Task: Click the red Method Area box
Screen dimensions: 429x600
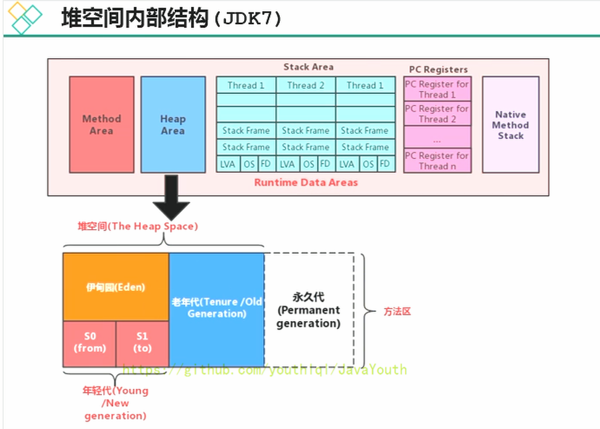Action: pos(101,124)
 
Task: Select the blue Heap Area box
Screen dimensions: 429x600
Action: pos(173,124)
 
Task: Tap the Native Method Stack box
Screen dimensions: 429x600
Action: pos(510,124)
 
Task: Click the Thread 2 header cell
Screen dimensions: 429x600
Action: pos(305,85)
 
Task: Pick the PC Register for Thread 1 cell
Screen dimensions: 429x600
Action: pos(437,89)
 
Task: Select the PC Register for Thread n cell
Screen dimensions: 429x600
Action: pos(437,160)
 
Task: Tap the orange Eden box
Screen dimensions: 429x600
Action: pos(116,287)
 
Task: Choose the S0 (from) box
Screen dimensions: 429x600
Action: pos(90,343)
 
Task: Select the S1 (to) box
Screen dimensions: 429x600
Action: pos(143,343)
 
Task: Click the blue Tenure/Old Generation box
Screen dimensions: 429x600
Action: pos(217,309)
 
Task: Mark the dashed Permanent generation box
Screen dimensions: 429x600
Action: pos(309,310)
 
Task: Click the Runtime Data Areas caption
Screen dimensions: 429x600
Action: pos(306,182)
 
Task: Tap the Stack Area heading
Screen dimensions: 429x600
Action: pos(308,67)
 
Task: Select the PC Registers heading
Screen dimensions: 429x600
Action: pos(438,69)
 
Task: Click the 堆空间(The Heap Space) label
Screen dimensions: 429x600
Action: pos(137,226)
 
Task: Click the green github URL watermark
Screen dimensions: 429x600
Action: pos(264,370)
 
